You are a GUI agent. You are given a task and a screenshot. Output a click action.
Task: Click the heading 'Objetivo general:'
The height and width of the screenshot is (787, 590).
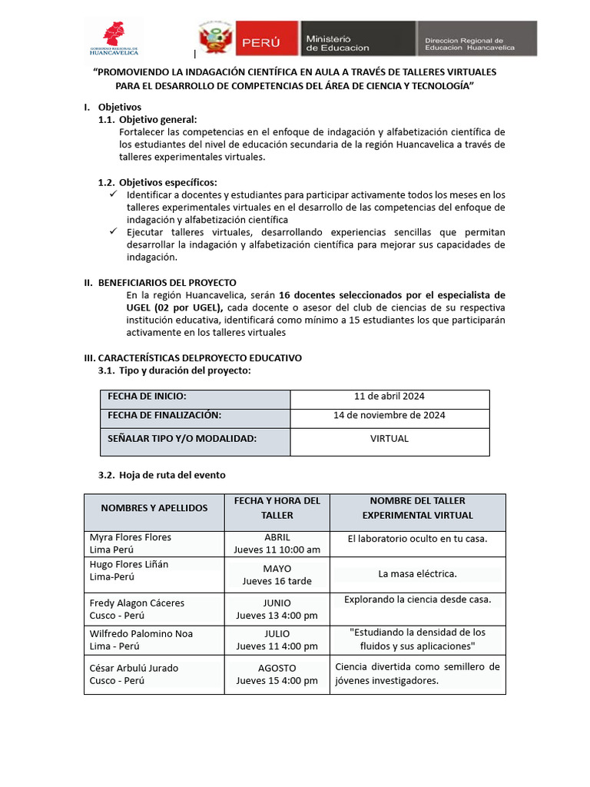click(157, 119)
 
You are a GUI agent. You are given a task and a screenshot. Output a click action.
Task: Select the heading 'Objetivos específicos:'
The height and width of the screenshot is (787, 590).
click(167, 182)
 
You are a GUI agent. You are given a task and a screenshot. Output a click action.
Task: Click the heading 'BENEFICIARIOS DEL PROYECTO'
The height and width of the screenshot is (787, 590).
click(167, 282)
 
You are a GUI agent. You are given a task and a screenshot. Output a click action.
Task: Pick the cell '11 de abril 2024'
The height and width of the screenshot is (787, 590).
click(389, 397)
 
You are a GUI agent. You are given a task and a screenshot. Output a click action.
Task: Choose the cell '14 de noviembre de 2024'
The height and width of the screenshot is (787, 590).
click(389, 415)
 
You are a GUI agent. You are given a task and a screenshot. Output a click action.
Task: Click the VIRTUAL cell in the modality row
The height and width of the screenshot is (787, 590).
click(389, 439)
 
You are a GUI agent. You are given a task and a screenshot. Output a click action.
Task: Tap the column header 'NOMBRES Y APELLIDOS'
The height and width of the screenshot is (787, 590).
click(154, 508)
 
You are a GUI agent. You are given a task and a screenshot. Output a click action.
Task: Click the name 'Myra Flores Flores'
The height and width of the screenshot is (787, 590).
click(131, 537)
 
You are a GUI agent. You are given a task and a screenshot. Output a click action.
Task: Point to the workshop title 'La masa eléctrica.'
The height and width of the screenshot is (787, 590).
click(417, 574)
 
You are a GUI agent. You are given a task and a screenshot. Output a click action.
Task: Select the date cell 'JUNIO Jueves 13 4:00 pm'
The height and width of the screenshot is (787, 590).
click(277, 609)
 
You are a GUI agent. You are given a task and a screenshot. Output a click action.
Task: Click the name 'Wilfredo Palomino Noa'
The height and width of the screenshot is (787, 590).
click(141, 634)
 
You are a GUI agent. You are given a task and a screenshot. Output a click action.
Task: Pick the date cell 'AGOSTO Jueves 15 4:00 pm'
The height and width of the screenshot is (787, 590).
click(277, 675)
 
